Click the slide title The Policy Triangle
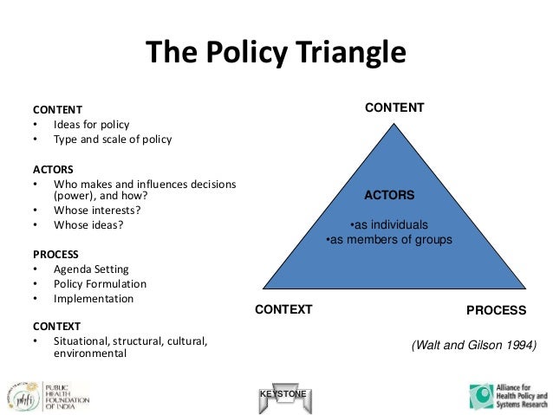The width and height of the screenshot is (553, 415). (276, 53)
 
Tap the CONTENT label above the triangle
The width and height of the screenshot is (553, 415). (394, 108)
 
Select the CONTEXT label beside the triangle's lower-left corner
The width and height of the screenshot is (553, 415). (283, 309)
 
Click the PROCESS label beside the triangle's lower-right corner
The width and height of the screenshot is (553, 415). (496, 309)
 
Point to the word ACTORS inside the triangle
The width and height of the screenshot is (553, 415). (389, 196)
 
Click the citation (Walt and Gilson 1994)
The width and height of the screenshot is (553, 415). (473, 345)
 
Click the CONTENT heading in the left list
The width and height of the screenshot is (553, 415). (57, 110)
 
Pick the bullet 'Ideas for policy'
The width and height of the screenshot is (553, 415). (91, 125)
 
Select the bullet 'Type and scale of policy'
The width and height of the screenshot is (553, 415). (113, 139)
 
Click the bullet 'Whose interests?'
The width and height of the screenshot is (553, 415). (97, 211)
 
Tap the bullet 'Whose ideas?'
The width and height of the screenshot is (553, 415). (88, 225)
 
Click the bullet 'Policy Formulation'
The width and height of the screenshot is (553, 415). (100, 284)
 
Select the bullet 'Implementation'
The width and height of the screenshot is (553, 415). (94, 299)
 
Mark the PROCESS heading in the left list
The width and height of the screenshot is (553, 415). (55, 255)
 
